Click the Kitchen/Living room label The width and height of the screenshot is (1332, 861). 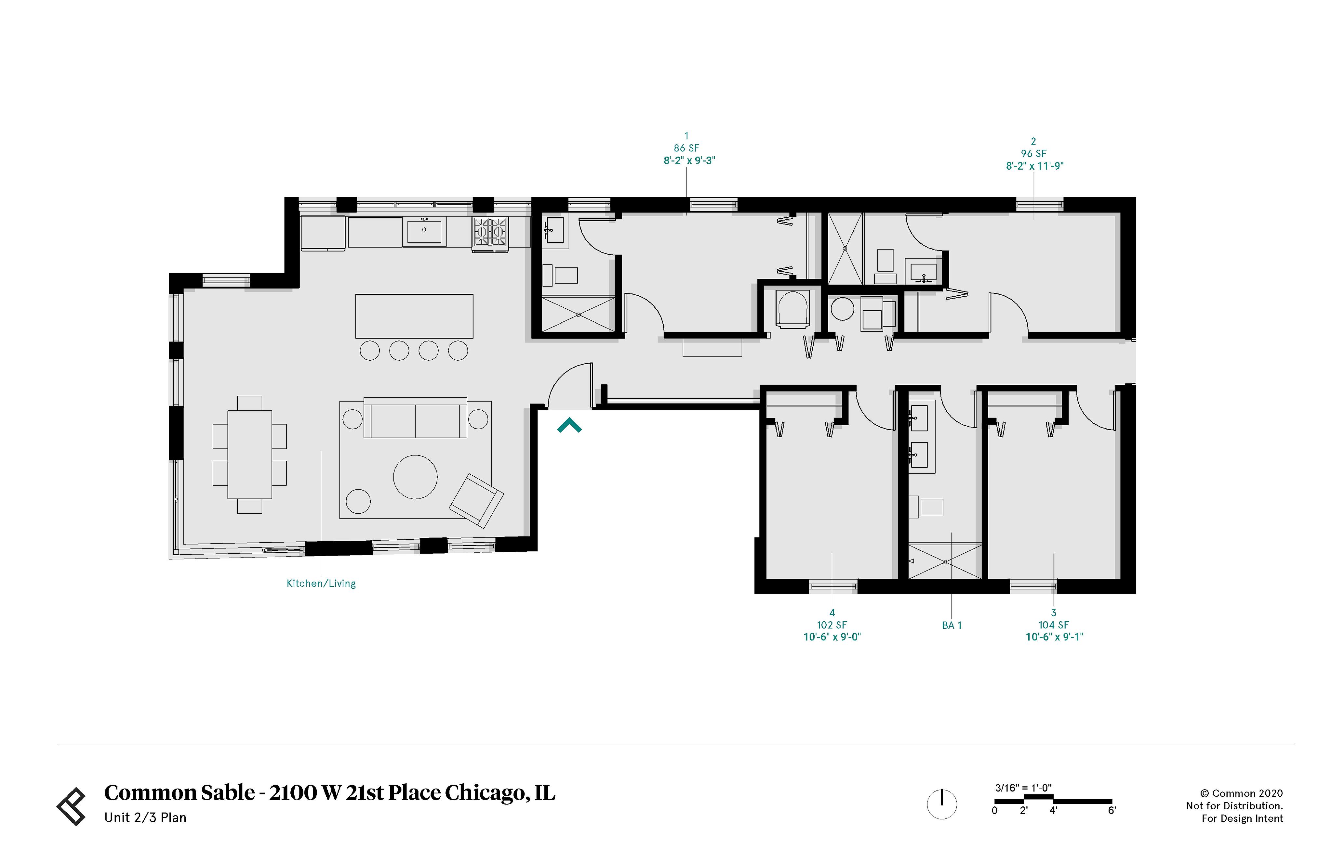coord(321,583)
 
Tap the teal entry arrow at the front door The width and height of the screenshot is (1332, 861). coord(569,426)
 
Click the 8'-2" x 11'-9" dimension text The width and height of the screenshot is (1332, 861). coord(1034,166)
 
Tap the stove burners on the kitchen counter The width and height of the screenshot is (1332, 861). coord(490,231)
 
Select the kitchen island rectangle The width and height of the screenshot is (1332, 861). coord(414,316)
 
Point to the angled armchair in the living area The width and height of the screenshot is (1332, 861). coord(476,500)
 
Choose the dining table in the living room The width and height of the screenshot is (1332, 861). coord(249,455)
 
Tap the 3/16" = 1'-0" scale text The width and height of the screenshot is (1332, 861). coord(1023,788)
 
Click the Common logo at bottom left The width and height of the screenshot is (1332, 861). coord(72,806)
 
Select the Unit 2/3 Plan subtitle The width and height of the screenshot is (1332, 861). coord(145,817)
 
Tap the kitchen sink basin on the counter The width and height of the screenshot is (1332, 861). coord(424,231)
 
